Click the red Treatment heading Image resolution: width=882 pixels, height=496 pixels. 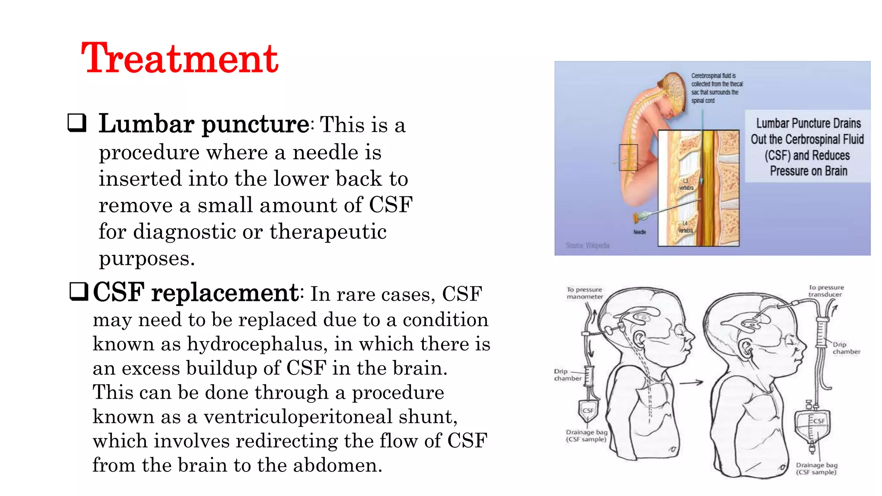pyautogui.click(x=180, y=59)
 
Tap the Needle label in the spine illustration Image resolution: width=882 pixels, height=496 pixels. pyautogui.click(x=640, y=232)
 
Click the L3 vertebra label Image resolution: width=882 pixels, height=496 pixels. pyautogui.click(x=686, y=184)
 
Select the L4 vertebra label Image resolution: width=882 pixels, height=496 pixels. pyautogui.click(x=685, y=227)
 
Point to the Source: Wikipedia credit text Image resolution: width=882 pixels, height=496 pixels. pyautogui.click(x=587, y=245)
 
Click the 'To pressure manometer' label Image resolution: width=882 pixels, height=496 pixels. pyautogui.click(x=584, y=293)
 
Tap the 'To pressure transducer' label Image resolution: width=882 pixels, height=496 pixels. pyautogui.click(x=826, y=291)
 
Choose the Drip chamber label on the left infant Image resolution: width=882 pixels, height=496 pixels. pyautogui.click(x=567, y=375)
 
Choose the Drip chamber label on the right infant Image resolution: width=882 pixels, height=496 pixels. pyautogui.click(x=846, y=348)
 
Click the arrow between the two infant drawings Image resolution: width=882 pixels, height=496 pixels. pyautogui.click(x=691, y=382)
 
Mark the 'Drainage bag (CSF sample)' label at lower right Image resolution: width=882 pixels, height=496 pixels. pyautogui.click(x=816, y=468)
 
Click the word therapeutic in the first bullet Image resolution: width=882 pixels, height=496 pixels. pyautogui.click(x=328, y=232)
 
